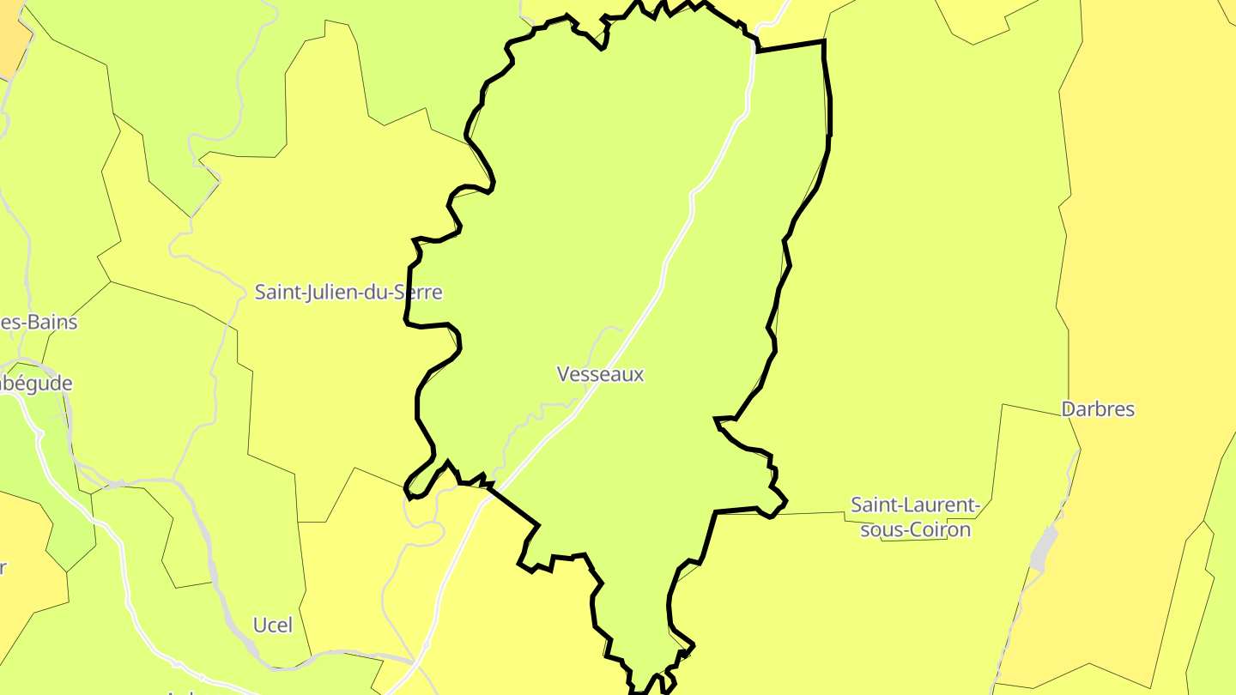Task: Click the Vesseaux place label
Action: click(600, 374)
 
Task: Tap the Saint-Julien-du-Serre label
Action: click(348, 292)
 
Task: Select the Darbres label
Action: click(1098, 409)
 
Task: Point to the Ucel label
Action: click(273, 625)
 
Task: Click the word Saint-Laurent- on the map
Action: click(915, 505)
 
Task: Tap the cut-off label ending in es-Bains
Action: click(39, 323)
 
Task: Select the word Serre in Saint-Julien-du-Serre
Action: click(418, 292)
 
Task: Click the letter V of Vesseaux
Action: click(563, 374)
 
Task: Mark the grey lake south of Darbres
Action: click(1041, 550)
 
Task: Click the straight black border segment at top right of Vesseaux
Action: click(790, 46)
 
